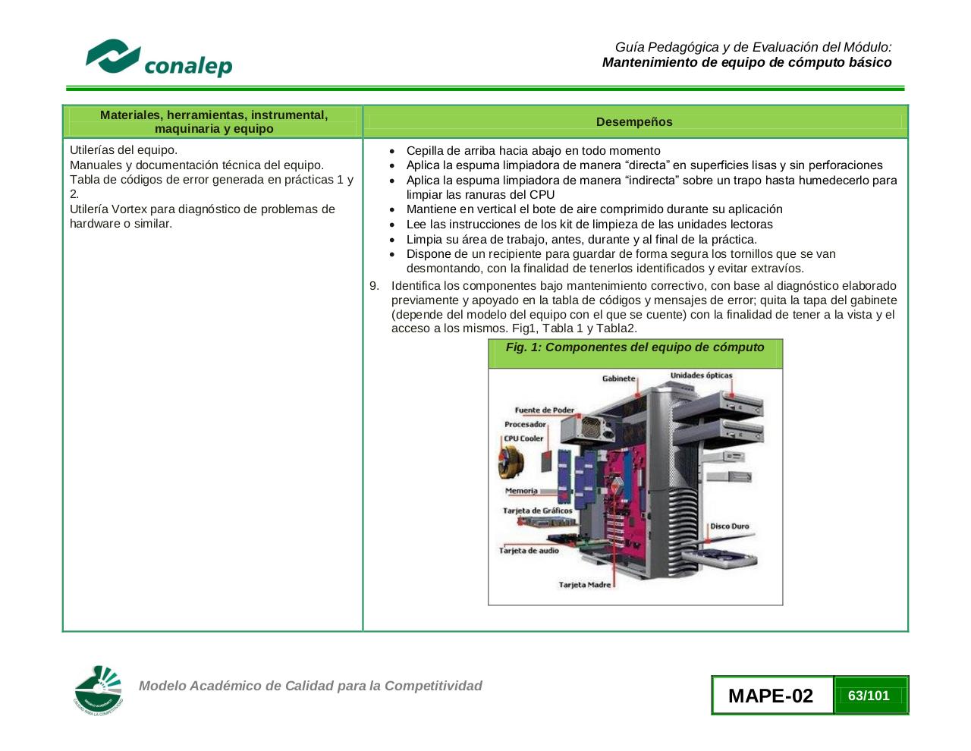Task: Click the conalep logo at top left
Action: pos(159,58)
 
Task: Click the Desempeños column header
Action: pos(634,122)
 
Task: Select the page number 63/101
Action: pos(869,696)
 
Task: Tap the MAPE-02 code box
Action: pos(771,696)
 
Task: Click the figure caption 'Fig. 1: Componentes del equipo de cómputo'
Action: pos(635,347)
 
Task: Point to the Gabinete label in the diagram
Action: pos(618,379)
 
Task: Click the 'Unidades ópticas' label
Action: pos(701,375)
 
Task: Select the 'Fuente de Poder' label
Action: pos(544,410)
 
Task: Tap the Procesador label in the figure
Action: pos(525,425)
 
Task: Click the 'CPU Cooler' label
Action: pos(523,438)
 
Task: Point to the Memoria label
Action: pos(521,491)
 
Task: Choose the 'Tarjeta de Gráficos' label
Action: pos(537,511)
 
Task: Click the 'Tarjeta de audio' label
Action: pos(529,551)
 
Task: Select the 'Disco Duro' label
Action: pos(729,526)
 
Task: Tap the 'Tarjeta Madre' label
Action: pos(584,585)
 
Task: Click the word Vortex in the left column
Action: pos(129,209)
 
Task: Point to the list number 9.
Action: pos(374,286)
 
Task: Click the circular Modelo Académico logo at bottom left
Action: pos(99,690)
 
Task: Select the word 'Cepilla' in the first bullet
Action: pos(426,151)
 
